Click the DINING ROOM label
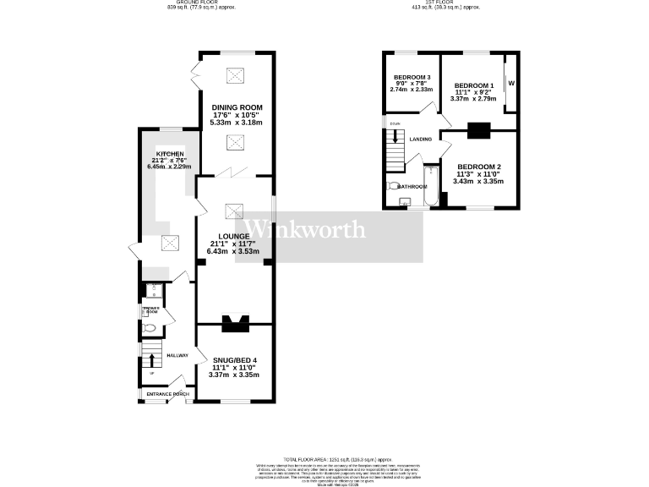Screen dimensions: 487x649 [236, 107]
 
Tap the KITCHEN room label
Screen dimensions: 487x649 [164, 154]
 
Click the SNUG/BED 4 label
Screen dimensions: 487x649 [234, 361]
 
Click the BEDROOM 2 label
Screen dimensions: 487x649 [478, 167]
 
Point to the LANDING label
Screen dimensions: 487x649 [421, 140]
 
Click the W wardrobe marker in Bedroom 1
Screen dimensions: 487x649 [511, 83]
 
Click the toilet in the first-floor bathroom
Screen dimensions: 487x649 [393, 186]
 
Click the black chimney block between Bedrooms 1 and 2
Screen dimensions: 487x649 [478, 129]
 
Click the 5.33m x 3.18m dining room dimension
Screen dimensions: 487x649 [236, 123]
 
